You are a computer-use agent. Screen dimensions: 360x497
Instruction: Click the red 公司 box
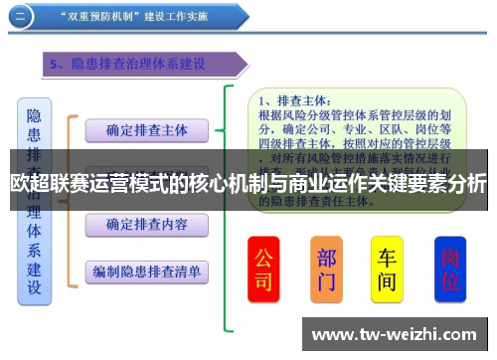pos(263,269)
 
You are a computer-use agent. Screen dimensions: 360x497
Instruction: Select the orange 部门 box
pos(326,269)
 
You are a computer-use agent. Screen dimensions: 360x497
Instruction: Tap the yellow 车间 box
pos(387,269)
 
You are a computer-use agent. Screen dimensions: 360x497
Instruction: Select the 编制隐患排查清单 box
pos(146,270)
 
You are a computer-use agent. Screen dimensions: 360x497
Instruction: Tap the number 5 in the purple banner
pos(57,65)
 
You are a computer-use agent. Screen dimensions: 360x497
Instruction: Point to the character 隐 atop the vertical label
pos(35,116)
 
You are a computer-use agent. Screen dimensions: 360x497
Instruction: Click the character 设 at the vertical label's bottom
pos(35,288)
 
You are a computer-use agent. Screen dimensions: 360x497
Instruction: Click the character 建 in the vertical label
pos(35,266)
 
